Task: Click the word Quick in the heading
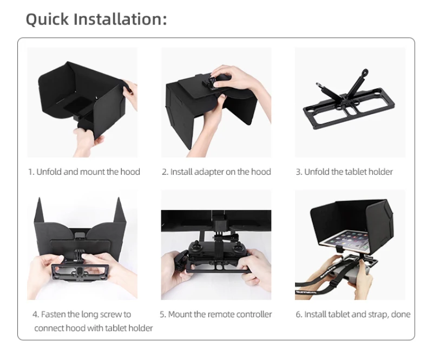(x=47, y=19)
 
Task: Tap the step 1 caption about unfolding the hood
(x=84, y=172)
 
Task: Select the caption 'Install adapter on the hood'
(x=216, y=172)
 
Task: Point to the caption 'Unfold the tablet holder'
(x=344, y=172)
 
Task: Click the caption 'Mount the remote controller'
(x=216, y=315)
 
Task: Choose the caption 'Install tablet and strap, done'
(x=353, y=315)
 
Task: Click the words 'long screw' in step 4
(x=89, y=315)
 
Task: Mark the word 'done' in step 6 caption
(x=400, y=315)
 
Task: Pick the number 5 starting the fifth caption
(x=162, y=315)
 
